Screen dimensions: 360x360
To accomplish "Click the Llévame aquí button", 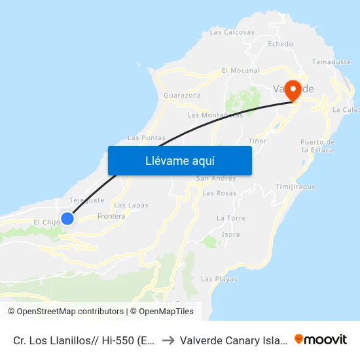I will click(x=179, y=160).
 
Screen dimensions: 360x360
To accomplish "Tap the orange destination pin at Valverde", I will click(x=293, y=90).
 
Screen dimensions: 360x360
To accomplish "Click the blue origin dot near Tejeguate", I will click(x=67, y=218).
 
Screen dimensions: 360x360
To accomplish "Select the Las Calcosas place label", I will click(x=232, y=31).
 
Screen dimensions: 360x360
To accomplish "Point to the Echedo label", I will click(x=281, y=44).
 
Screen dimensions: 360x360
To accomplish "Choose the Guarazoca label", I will click(x=183, y=95).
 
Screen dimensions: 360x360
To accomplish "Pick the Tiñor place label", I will click(x=258, y=141).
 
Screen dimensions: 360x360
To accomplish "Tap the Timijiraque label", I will click(x=296, y=187).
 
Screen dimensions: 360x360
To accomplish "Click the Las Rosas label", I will click(x=219, y=193).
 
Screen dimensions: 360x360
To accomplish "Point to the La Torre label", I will click(x=230, y=218).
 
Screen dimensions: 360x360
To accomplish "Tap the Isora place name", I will click(x=231, y=234).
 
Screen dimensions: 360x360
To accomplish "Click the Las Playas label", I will click(x=219, y=279).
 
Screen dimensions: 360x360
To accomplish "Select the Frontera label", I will click(x=111, y=216).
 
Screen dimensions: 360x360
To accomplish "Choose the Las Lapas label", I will click(x=131, y=205).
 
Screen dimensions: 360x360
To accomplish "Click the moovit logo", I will click(x=321, y=339).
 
